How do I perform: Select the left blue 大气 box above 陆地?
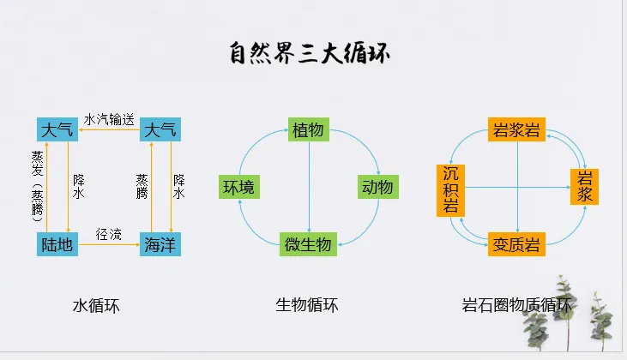(x=58, y=130)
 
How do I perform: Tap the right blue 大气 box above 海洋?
(x=160, y=130)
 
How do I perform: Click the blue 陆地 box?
(x=57, y=244)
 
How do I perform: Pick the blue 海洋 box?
(x=160, y=244)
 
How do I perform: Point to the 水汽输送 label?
(x=109, y=118)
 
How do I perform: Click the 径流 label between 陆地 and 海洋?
(x=109, y=234)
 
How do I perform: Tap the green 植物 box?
(x=308, y=130)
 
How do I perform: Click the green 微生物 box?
(x=308, y=243)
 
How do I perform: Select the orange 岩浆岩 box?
(x=516, y=130)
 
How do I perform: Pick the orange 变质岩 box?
(x=516, y=244)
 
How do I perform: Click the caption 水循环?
(x=96, y=304)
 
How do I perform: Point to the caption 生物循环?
(x=307, y=304)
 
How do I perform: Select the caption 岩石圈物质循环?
(x=516, y=304)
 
